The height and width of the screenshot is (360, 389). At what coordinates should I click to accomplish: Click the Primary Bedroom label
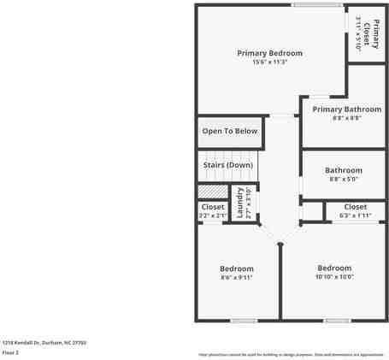pyautogui.click(x=269, y=53)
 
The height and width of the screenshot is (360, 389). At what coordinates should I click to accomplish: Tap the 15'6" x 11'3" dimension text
pyautogui.click(x=269, y=62)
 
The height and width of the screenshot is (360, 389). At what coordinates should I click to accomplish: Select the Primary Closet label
pyautogui.click(x=365, y=32)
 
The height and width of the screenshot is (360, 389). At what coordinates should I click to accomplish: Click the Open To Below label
pyautogui.click(x=229, y=131)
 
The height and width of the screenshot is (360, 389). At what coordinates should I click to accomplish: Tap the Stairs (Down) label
pyautogui.click(x=227, y=165)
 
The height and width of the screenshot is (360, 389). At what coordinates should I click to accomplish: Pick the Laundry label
pyautogui.click(x=240, y=206)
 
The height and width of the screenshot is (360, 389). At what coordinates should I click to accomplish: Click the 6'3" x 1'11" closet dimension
pyautogui.click(x=355, y=215)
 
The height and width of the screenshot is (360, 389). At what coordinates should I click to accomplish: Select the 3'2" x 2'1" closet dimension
pyautogui.click(x=212, y=215)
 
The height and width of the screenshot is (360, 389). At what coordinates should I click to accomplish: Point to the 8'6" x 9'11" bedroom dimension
pyautogui.click(x=237, y=277)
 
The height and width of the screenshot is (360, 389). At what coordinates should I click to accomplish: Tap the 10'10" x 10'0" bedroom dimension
pyautogui.click(x=334, y=276)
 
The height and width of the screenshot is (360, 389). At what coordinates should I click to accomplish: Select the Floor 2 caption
pyautogui.click(x=11, y=351)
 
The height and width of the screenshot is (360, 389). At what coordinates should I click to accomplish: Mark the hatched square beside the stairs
pyautogui.click(x=213, y=192)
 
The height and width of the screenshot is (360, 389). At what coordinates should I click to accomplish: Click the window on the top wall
pyautogui.click(x=318, y=5)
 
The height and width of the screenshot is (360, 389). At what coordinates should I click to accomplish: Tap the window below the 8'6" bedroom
pyautogui.click(x=243, y=321)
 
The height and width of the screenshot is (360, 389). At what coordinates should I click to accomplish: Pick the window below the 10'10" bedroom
pyautogui.click(x=336, y=321)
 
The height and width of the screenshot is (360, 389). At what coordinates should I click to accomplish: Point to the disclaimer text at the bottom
pyautogui.click(x=291, y=354)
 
